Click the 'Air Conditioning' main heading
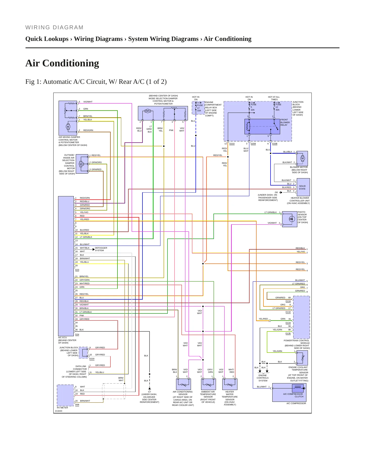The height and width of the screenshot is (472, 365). pos(62,63)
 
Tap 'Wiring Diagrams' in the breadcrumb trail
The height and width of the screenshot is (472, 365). pos(98,39)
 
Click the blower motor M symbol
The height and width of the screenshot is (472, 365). pos(303,159)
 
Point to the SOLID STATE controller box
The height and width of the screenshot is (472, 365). pos(303,187)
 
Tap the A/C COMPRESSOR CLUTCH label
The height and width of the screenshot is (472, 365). pos(293,395)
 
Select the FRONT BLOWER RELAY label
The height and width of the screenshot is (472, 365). pos(285,122)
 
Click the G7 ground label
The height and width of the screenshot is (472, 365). pos(150,392)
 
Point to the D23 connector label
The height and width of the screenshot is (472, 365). pos(77,270)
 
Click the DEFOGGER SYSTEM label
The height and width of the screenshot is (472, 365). pos(101,249)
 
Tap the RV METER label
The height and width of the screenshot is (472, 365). pos(62,408)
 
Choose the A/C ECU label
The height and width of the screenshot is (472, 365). pos(63,337)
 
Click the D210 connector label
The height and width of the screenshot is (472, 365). pos(232,144)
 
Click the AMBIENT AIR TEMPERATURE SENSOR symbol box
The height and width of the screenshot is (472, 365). pos(208,384)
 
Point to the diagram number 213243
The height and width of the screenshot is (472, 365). pos(59,411)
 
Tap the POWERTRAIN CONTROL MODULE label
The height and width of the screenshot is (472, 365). pos(297,342)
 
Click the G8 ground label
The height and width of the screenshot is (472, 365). pos(276,192)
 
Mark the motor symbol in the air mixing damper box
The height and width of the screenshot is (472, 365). pos(68,127)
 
